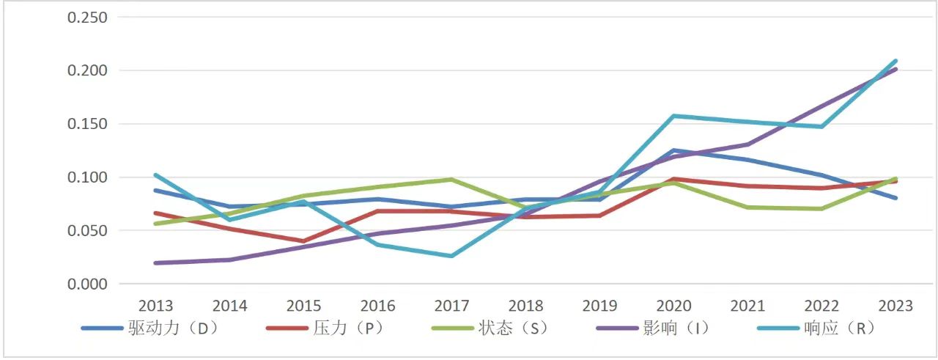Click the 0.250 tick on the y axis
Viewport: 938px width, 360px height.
pos(87,18)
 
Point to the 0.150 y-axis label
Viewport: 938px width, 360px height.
pos(87,124)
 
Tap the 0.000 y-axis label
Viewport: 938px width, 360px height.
pos(87,284)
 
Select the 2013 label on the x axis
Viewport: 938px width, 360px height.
pos(155,306)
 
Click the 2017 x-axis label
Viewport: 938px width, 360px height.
pos(451,306)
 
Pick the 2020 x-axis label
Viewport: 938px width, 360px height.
pos(673,306)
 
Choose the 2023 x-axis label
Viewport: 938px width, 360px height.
pos(895,306)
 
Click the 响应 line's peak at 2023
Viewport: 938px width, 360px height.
pos(895,61)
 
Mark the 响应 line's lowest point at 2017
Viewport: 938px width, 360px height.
pos(451,256)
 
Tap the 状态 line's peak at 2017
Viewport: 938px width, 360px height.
pos(451,179)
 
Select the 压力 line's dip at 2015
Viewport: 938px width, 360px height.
pos(303,241)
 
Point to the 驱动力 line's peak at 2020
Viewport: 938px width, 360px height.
pos(673,150)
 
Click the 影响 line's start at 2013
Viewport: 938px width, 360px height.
pos(155,262)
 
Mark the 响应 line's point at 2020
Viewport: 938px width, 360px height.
pos(673,116)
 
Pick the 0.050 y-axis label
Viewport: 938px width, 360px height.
pos(87,230)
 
